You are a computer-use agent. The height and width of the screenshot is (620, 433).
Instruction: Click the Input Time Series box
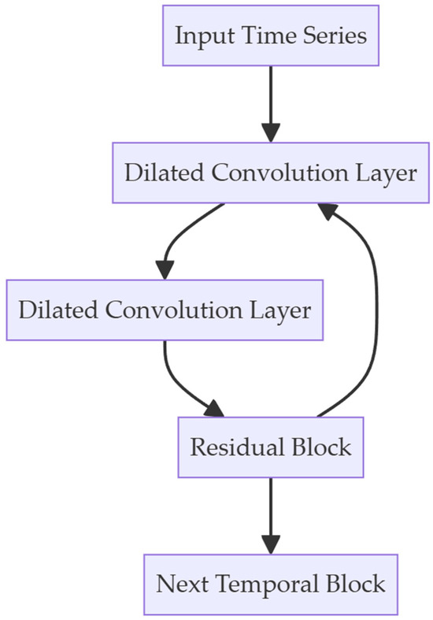coord(270,35)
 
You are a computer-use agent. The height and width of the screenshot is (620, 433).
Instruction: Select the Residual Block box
coord(270,447)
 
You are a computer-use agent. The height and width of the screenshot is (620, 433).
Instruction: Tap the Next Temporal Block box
coord(270,584)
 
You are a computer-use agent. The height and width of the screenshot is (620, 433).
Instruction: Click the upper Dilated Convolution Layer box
coord(270,173)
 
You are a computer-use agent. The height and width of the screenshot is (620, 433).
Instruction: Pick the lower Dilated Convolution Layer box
coord(165,310)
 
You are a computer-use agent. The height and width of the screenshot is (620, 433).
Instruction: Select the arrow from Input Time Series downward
coord(270,98)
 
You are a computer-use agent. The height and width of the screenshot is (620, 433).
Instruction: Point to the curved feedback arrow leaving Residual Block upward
coord(374,315)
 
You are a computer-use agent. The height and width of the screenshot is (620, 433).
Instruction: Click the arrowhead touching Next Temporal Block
coord(270,544)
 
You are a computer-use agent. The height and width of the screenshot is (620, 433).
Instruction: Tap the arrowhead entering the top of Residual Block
coord(213,409)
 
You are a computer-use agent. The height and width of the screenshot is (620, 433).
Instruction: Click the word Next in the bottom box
coord(185,584)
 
